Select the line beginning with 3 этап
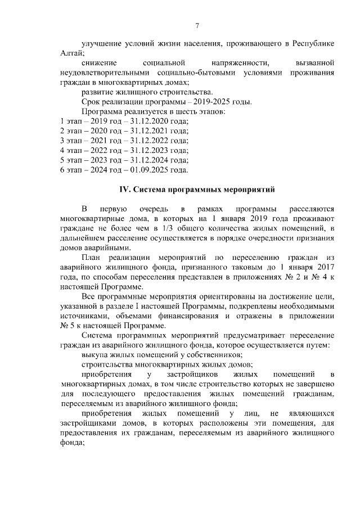124,140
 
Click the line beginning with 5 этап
124,160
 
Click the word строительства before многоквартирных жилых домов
111,364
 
